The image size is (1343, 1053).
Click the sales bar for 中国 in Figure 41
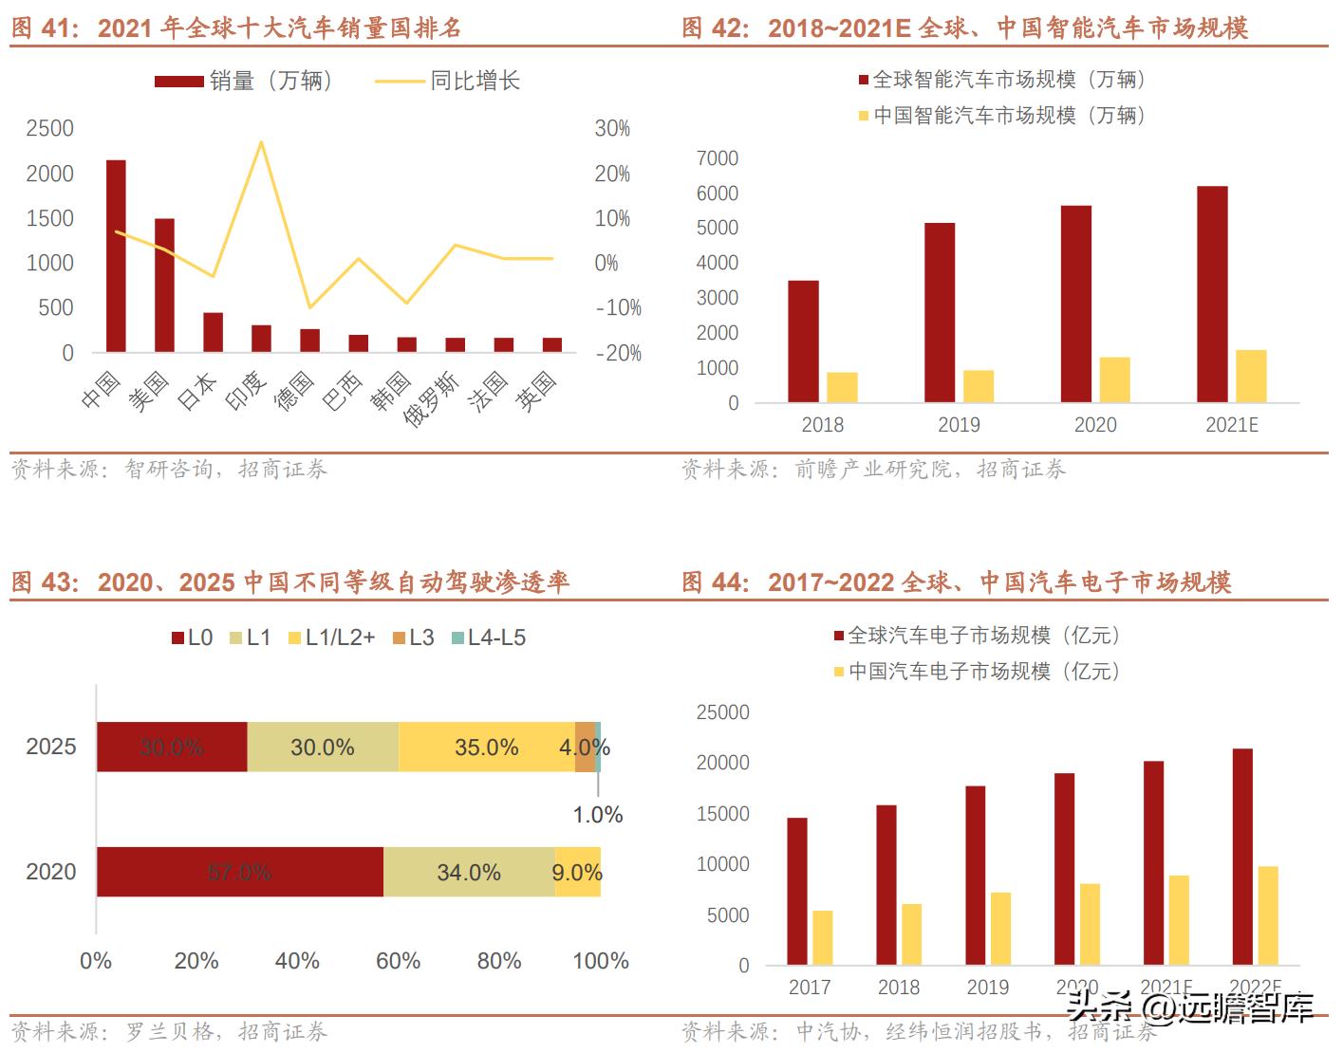click(x=116, y=256)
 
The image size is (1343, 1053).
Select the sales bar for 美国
click(x=164, y=285)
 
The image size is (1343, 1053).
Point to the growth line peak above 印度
click(x=261, y=142)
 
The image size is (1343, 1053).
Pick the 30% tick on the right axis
click(x=612, y=129)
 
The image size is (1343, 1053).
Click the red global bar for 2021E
click(x=1212, y=294)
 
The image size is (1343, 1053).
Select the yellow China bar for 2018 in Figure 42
click(x=842, y=387)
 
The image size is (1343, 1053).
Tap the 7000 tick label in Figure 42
click(x=718, y=158)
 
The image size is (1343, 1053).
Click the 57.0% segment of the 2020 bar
click(x=239, y=872)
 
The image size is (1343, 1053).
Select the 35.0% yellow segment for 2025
click(x=486, y=748)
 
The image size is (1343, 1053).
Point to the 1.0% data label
click(x=598, y=815)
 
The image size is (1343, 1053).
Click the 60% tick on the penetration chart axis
click(x=398, y=961)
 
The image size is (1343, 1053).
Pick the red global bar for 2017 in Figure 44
click(x=797, y=892)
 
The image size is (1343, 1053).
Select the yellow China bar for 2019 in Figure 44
click(x=1000, y=929)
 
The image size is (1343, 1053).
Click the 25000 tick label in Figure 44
click(x=723, y=712)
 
